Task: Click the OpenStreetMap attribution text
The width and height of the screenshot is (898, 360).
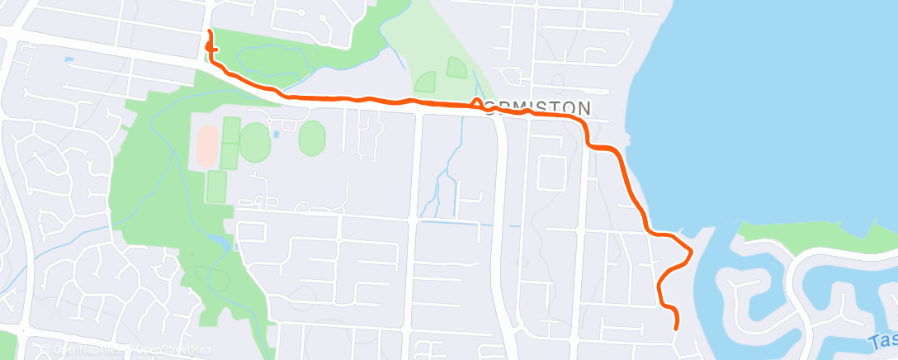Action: [168, 349]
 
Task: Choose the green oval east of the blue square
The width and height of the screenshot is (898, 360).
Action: [312, 138]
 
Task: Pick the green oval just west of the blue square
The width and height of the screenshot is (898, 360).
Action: [255, 141]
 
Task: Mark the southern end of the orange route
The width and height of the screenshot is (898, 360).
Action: [677, 328]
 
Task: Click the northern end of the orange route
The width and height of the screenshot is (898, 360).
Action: [208, 31]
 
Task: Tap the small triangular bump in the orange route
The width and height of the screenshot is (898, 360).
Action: [477, 102]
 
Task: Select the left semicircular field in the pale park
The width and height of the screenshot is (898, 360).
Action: [425, 82]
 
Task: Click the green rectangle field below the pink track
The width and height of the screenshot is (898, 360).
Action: [216, 186]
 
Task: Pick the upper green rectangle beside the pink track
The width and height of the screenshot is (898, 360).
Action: [230, 130]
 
